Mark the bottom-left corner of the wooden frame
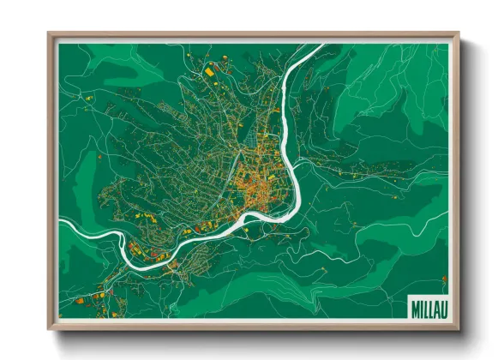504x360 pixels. [x=49, y=328]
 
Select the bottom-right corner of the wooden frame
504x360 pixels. [x=458, y=328]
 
